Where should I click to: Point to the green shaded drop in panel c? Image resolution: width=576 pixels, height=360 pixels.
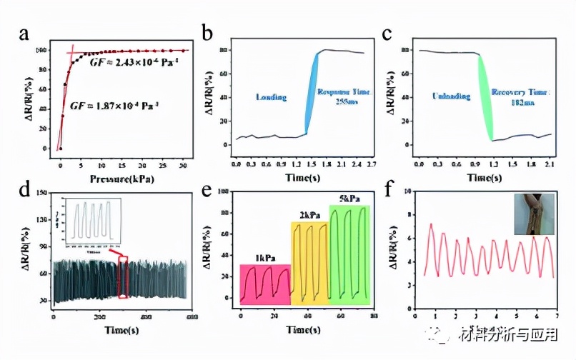[486, 96]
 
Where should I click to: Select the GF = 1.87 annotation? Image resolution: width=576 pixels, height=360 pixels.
[124, 105]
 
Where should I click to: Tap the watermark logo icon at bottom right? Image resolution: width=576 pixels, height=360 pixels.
[451, 336]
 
